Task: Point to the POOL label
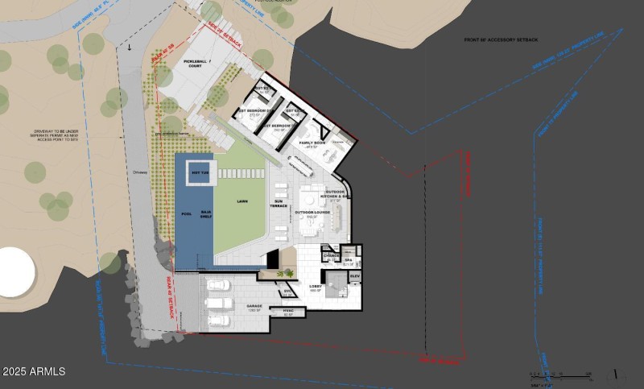187,215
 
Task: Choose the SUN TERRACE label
280,203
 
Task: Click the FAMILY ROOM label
312,143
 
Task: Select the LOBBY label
316,287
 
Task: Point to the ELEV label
355,276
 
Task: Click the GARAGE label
255,306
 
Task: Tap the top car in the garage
217,284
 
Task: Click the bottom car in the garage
219,321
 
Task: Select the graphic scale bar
560,374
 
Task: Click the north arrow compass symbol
616,374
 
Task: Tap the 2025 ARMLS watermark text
34,372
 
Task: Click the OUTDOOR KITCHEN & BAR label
336,193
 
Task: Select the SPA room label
349,260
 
